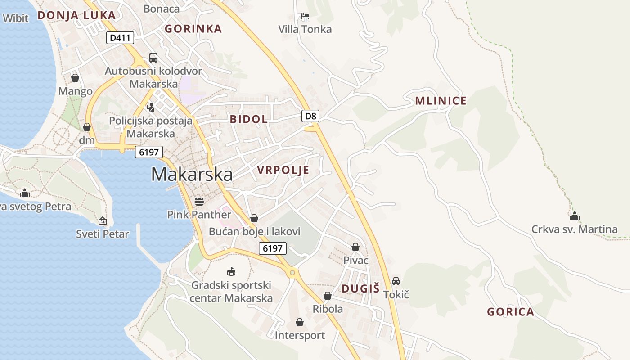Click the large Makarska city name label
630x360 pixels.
[192, 175]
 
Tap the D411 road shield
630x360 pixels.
[121, 38]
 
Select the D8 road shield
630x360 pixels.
[310, 116]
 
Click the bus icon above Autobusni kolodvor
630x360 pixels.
[153, 58]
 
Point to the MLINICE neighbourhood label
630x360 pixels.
[441, 101]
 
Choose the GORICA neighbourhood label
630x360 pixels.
[510, 312]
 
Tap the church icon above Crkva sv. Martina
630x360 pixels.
[574, 216]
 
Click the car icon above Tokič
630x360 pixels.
[396, 281]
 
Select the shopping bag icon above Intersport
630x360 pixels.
[300, 322]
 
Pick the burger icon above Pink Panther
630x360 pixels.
[199, 201]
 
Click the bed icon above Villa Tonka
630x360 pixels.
[305, 17]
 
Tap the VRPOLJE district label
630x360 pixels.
[283, 170]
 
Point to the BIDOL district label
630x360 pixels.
[248, 119]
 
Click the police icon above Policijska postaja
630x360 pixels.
[151, 107]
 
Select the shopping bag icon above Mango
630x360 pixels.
[75, 78]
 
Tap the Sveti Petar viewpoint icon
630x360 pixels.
[103, 221]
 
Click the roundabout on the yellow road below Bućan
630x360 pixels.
[292, 272]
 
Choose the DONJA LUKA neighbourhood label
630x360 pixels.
[76, 15]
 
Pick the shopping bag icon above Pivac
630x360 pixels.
[355, 247]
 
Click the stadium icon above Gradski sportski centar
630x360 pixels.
[231, 271]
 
